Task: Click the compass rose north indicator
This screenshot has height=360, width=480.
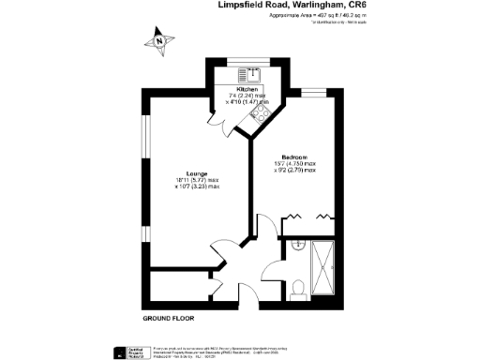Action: pyautogui.click(x=160, y=40)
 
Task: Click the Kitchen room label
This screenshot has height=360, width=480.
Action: pyautogui.click(x=248, y=88)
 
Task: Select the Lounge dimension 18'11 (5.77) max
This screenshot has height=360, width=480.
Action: pyautogui.click(x=197, y=181)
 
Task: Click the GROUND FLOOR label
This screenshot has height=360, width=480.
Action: pyautogui.click(x=162, y=320)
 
